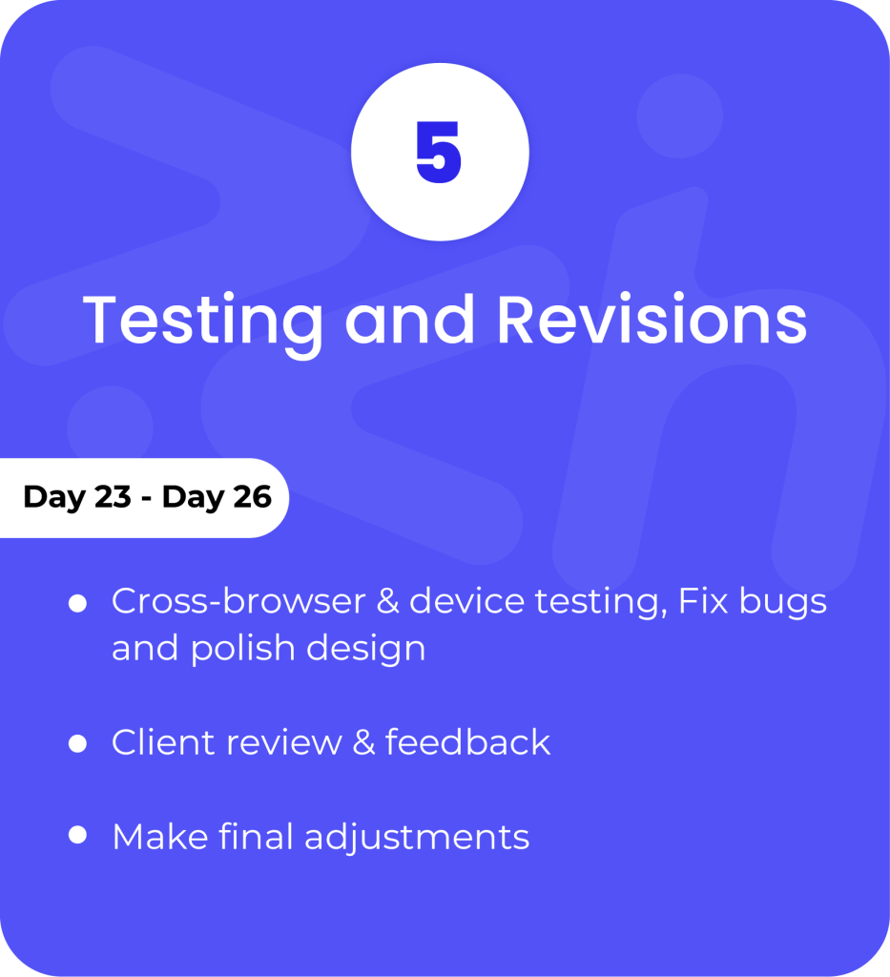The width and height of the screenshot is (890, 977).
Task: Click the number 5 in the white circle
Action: (x=439, y=152)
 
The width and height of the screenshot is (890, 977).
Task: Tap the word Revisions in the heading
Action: (x=652, y=318)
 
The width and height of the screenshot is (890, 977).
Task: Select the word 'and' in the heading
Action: (x=410, y=319)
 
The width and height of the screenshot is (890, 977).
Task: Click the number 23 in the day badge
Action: (x=113, y=496)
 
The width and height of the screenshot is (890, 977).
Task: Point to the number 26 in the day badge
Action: (x=252, y=496)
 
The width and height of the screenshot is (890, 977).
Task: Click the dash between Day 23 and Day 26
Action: (x=146, y=499)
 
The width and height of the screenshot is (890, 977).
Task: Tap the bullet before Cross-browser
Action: (x=77, y=603)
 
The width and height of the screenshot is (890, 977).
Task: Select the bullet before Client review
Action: (x=77, y=743)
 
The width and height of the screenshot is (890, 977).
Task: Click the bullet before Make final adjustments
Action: (x=77, y=835)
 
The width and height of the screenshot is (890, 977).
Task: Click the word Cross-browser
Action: (x=238, y=601)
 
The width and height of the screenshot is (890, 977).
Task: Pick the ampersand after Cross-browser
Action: (x=387, y=602)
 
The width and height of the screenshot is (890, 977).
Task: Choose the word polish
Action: (x=243, y=649)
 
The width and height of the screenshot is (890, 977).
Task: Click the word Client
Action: (x=164, y=742)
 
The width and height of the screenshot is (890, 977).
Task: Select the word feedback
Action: (x=467, y=741)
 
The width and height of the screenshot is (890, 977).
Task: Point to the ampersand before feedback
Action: (x=364, y=742)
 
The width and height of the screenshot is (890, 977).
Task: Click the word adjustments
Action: (x=417, y=837)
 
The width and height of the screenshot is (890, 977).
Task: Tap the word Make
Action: (x=160, y=836)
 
